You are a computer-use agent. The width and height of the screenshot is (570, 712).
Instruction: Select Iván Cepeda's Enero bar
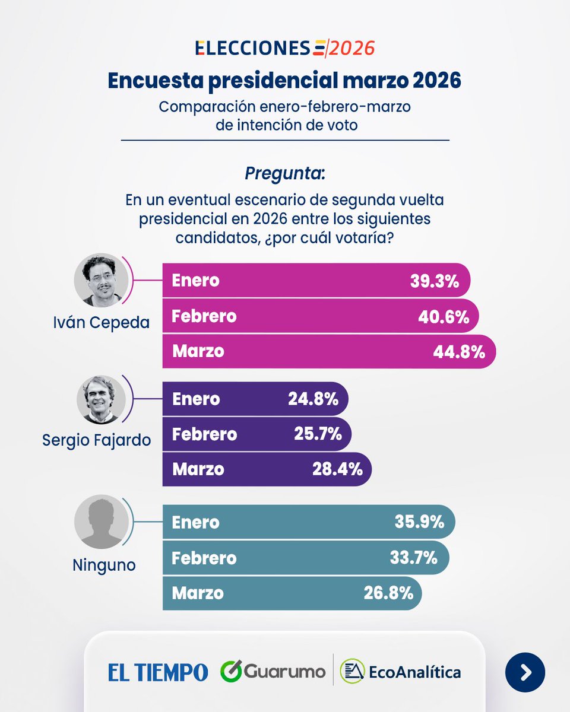(x=316, y=281)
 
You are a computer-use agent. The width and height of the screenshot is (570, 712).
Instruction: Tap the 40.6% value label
(x=444, y=316)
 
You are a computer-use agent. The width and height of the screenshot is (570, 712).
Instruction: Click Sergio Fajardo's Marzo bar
(x=267, y=469)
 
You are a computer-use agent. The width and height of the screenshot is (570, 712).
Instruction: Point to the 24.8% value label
(x=313, y=399)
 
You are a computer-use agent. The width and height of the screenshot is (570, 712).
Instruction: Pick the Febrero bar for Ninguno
(x=305, y=558)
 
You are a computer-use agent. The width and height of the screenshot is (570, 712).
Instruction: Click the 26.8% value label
(x=388, y=593)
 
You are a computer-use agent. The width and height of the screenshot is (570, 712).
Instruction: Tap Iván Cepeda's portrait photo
(x=98, y=281)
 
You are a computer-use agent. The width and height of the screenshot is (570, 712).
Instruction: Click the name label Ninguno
(x=104, y=565)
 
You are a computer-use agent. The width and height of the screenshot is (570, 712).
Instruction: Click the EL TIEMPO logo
(x=158, y=672)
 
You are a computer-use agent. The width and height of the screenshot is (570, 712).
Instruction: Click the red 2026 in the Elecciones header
(x=352, y=48)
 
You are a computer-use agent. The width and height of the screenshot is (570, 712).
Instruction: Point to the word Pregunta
(x=284, y=174)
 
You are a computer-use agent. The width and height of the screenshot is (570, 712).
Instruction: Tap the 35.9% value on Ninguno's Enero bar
(x=419, y=522)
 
